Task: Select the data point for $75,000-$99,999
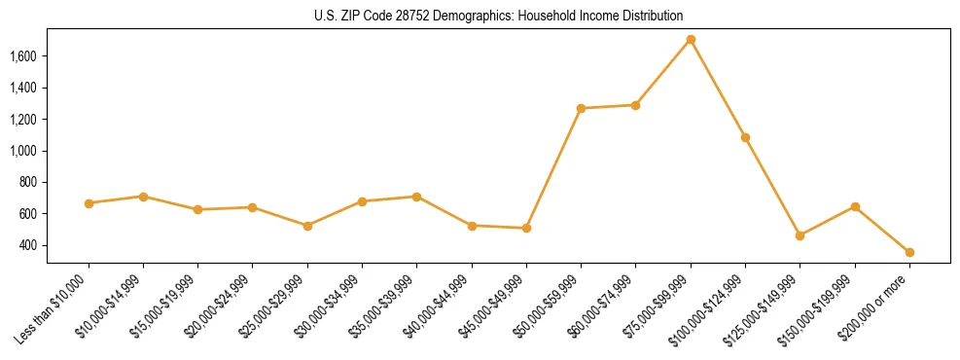click(x=691, y=40)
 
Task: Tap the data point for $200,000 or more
click(x=909, y=252)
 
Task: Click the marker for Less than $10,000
click(x=89, y=203)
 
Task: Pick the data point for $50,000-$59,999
click(x=581, y=108)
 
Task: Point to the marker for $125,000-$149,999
click(x=800, y=235)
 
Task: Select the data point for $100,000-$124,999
click(x=745, y=137)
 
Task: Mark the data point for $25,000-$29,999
click(x=307, y=226)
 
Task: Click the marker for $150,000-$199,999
click(x=855, y=206)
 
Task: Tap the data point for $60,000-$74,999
click(x=636, y=105)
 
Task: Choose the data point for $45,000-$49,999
click(x=526, y=228)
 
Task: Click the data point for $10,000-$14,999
click(x=143, y=197)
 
